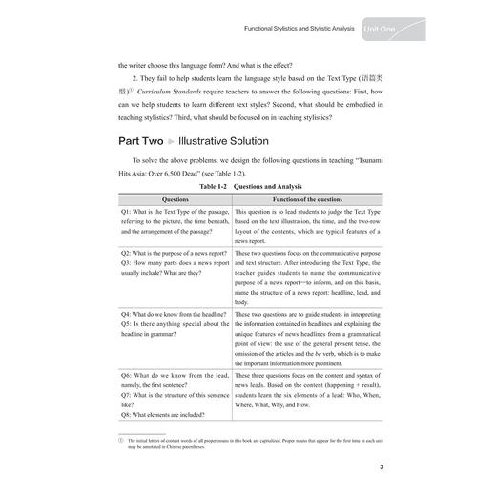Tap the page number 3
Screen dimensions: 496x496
[x=380, y=466]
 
